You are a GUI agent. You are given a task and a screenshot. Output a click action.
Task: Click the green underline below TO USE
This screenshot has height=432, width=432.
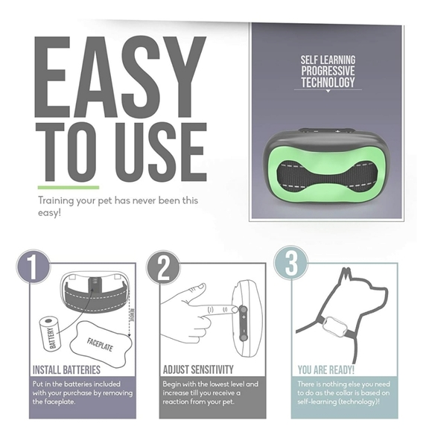pos(68,188)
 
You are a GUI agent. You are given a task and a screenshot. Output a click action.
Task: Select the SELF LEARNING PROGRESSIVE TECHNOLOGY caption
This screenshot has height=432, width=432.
pos(328,71)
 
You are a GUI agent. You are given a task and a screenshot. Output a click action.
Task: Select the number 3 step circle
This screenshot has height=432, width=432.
pos(291,264)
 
